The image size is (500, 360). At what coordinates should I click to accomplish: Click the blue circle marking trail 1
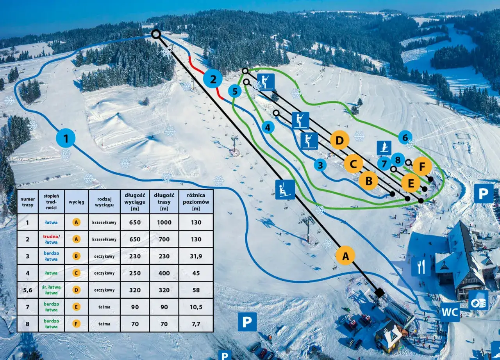click(x=66, y=138)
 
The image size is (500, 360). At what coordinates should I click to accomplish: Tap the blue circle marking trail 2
click(x=213, y=79)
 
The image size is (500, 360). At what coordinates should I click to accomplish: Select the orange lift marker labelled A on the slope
click(x=345, y=256)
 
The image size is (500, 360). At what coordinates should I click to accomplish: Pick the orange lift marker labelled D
click(x=339, y=140)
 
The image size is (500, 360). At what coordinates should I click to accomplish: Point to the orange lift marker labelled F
click(x=422, y=167)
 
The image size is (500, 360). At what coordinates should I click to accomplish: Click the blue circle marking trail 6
click(x=405, y=137)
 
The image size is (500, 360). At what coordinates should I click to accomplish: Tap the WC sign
click(x=450, y=312)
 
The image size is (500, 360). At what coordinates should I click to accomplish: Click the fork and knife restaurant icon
click(x=421, y=267)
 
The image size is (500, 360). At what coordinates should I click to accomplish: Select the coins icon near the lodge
click(x=478, y=300)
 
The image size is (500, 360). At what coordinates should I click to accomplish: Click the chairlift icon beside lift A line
click(x=285, y=190)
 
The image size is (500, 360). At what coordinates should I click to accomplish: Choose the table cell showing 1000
click(x=164, y=222)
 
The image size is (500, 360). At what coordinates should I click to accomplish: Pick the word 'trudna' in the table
click(x=50, y=236)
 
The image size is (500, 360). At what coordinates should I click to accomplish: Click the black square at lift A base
click(x=379, y=292)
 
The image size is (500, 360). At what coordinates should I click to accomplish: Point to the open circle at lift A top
click(x=156, y=34)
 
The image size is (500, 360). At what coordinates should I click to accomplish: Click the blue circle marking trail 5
click(x=235, y=92)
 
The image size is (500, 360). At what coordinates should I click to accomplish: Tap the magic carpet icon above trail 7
click(x=384, y=148)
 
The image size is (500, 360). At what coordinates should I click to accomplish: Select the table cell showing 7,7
click(x=196, y=324)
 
